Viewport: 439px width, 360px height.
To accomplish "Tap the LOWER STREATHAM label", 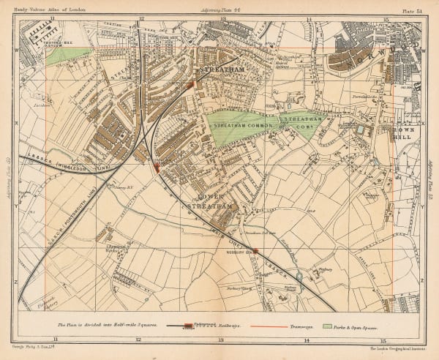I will click(x=211, y=201).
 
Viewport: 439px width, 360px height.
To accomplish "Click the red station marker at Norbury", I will click(x=255, y=252).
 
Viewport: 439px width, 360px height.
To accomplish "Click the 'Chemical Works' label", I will click(x=109, y=247).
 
